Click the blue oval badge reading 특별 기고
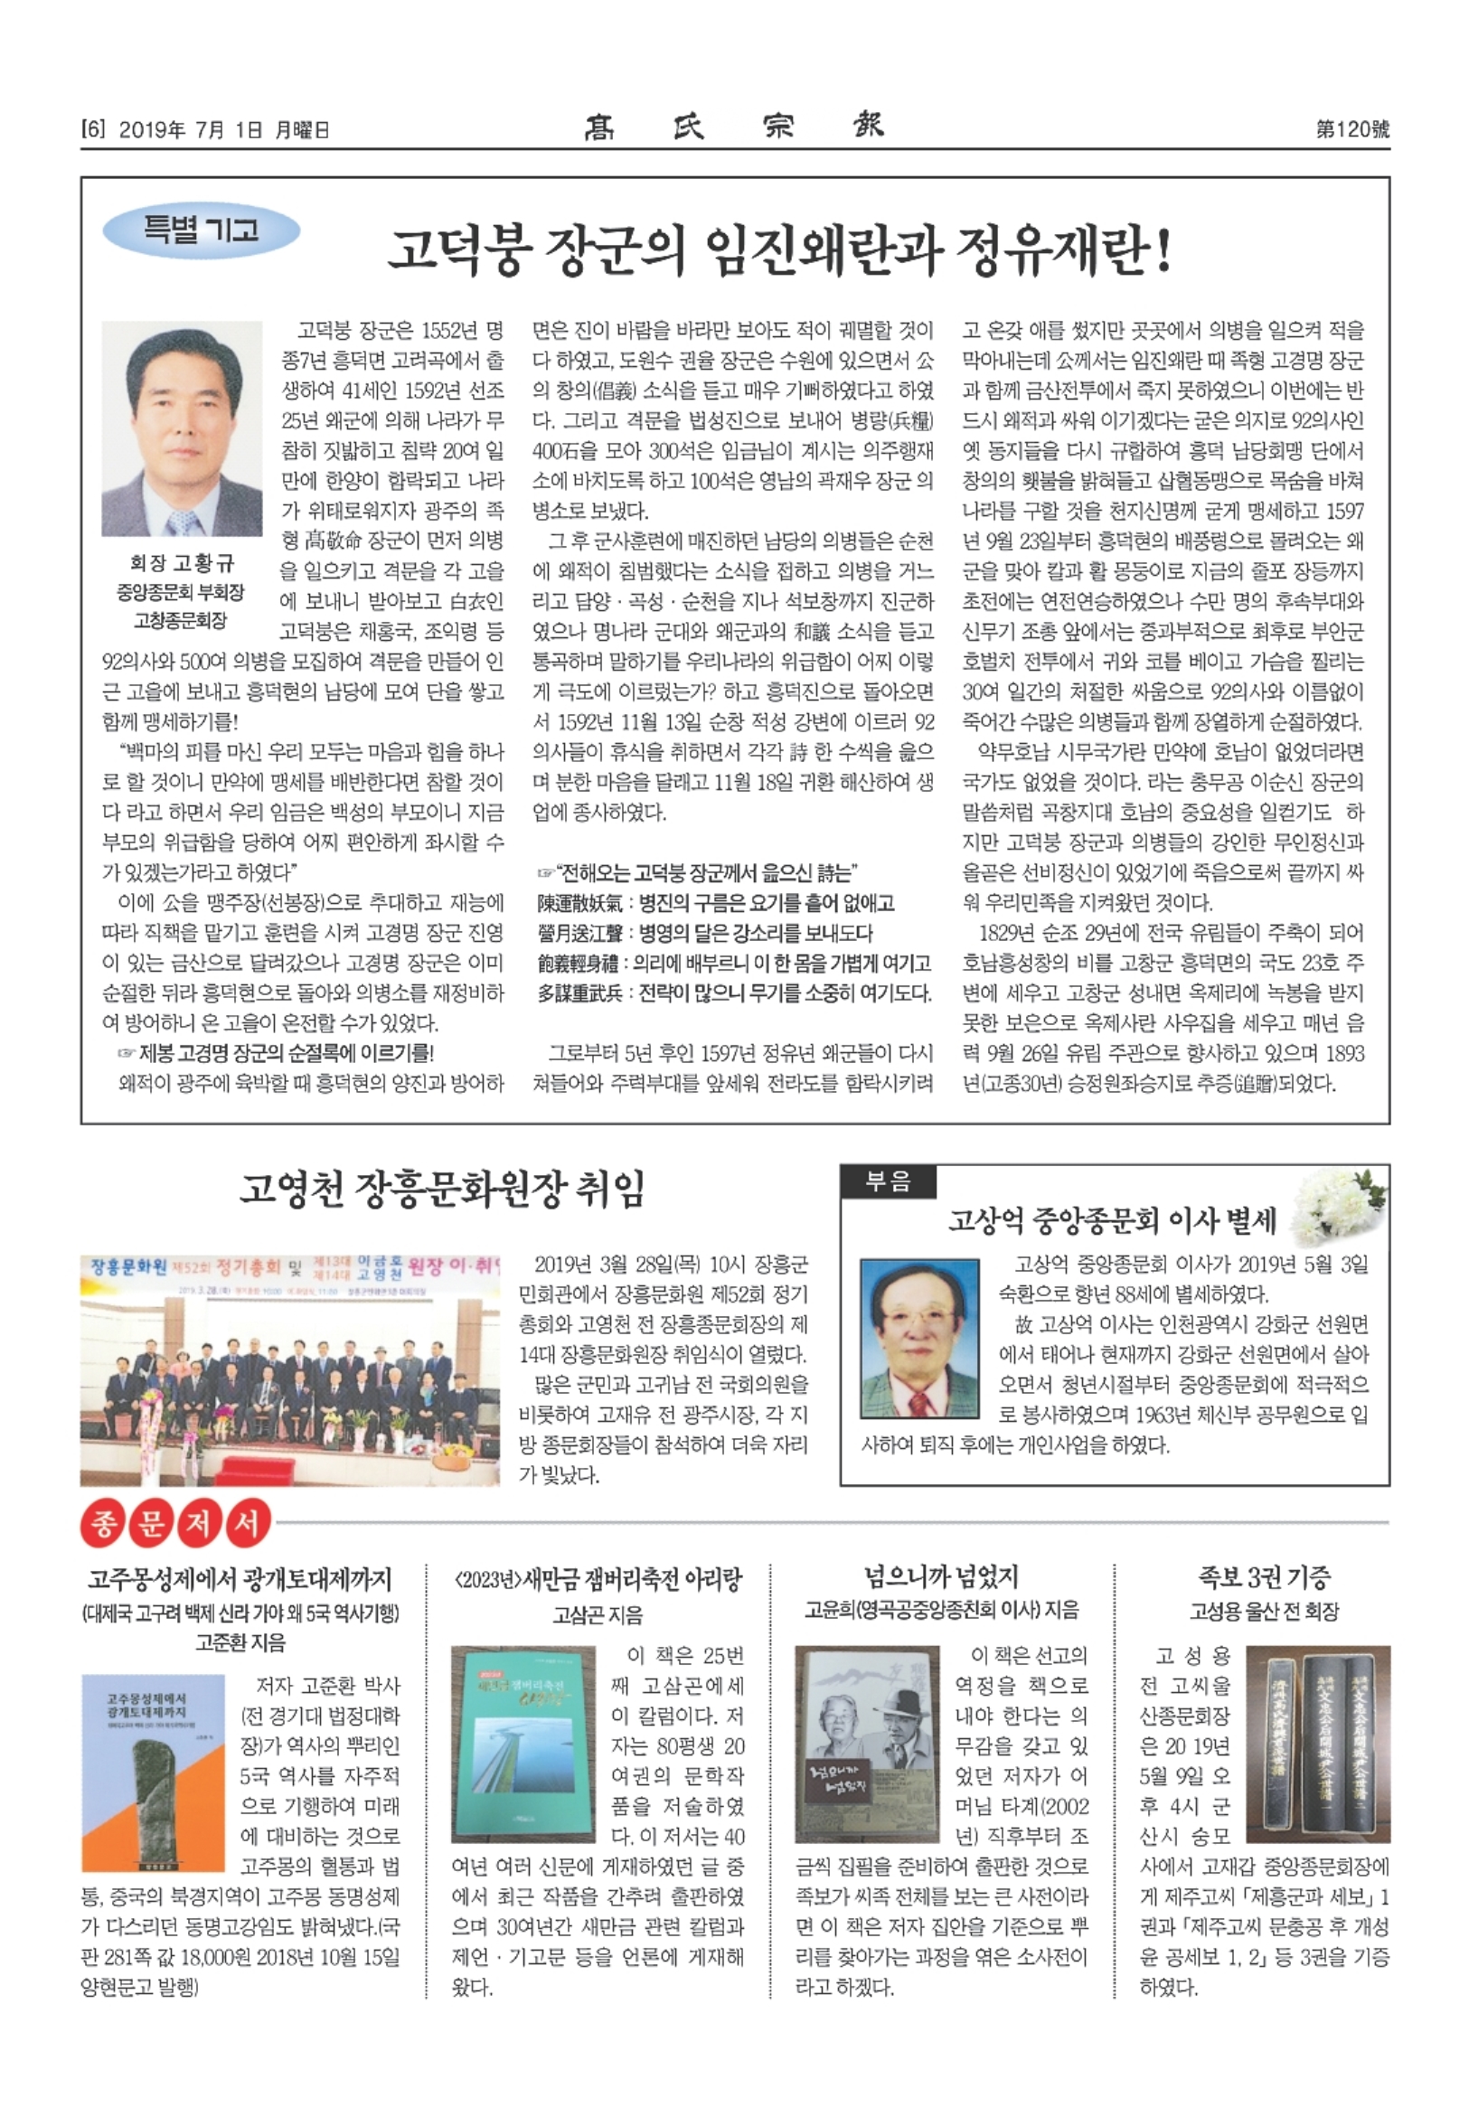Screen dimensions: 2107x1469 click(201, 230)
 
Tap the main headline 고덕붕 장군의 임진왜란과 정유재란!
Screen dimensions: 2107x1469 click(779, 250)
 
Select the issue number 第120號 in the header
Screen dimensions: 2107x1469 click(1352, 129)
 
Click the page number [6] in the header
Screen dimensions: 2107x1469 click(94, 129)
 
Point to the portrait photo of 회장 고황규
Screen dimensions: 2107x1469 click(182, 428)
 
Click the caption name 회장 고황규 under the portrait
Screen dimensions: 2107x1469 click(182, 562)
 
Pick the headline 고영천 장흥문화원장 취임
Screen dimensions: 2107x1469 click(442, 1189)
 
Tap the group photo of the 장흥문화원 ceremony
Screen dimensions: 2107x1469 click(290, 1369)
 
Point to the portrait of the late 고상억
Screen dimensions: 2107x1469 click(919, 1339)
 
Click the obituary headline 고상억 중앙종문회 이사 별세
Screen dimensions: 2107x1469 click(1112, 1219)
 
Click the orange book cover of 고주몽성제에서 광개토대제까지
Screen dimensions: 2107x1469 click(152, 1773)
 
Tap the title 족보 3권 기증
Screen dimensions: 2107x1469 click(1264, 1576)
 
